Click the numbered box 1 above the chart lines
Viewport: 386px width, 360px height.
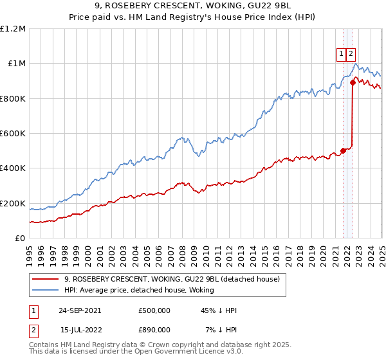341,55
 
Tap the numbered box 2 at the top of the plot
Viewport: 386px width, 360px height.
351,55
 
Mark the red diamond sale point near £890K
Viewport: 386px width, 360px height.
353,82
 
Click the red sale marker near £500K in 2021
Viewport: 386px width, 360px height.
344,150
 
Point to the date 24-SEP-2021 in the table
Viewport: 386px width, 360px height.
80,310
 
